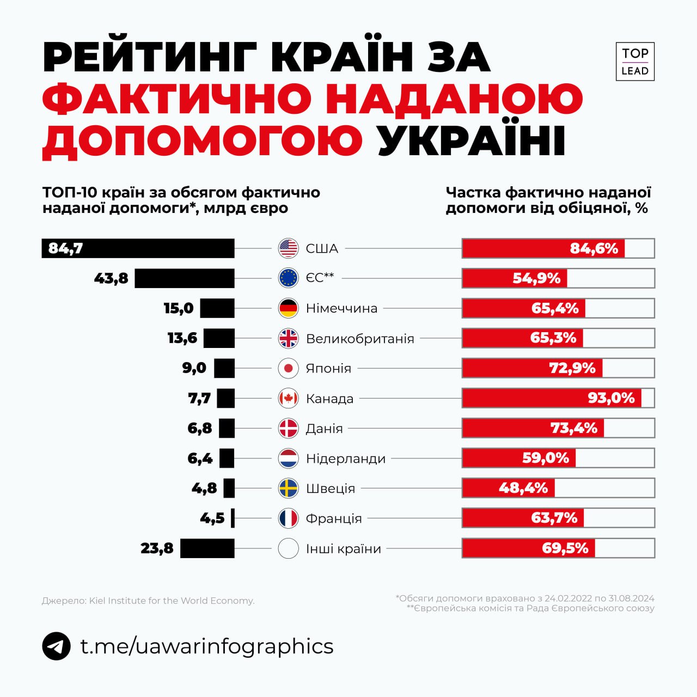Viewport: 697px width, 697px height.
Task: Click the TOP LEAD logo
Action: (x=635, y=62)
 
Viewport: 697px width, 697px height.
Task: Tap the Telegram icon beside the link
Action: (x=56, y=646)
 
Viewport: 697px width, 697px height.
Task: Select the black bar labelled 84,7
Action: (x=138, y=248)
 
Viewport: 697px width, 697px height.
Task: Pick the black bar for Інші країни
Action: (x=207, y=548)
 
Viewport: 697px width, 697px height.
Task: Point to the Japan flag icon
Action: (x=288, y=369)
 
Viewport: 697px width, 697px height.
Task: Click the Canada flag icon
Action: (x=288, y=399)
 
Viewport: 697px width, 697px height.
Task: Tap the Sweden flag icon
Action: (x=288, y=488)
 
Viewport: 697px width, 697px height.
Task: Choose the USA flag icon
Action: (x=288, y=248)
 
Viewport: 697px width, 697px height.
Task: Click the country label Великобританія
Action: (x=360, y=339)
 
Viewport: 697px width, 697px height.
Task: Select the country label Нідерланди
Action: (x=346, y=458)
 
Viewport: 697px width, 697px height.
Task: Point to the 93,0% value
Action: (x=611, y=398)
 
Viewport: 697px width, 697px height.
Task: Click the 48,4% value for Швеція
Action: (x=523, y=488)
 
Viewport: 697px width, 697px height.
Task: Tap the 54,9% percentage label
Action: (x=536, y=278)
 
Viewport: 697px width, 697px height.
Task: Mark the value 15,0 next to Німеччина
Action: (x=179, y=308)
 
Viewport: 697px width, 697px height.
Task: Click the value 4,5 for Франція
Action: (x=212, y=518)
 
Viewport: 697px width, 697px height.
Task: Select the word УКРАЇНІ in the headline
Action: (x=472, y=141)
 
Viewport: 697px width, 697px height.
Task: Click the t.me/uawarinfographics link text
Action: (x=207, y=646)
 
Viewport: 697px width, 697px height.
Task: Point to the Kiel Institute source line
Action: (x=148, y=601)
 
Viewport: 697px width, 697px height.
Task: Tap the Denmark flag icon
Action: (x=288, y=429)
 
